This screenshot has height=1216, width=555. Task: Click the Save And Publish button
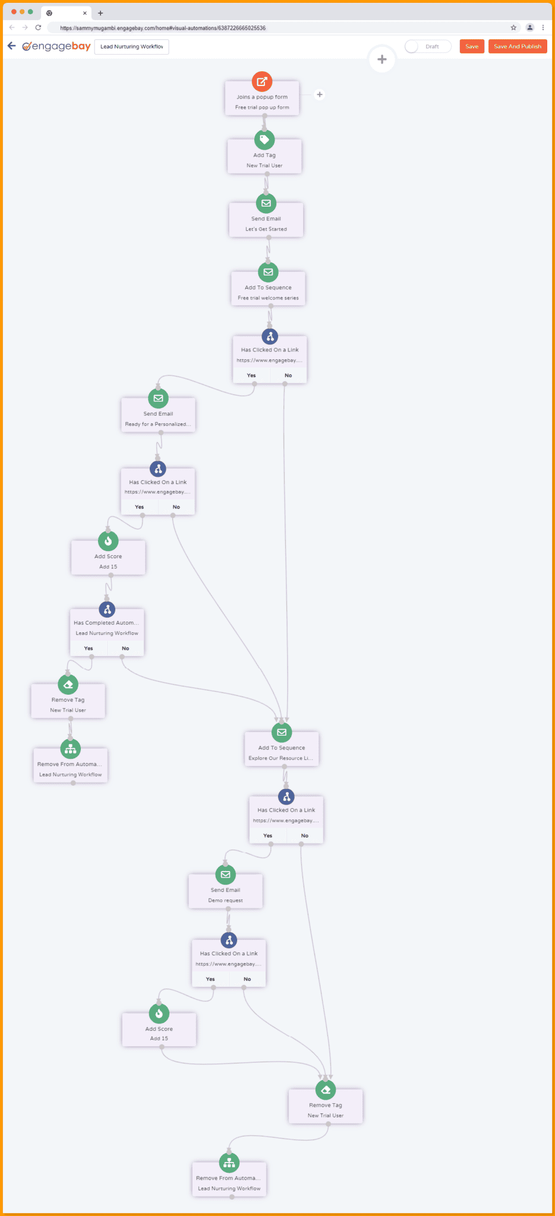(x=517, y=46)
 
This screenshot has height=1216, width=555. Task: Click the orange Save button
(x=472, y=46)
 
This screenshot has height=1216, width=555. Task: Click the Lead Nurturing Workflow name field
(x=131, y=47)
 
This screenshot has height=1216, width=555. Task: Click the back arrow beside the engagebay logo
(x=11, y=46)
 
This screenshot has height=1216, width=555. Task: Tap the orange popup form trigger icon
(x=262, y=82)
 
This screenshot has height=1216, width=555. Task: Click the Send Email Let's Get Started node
(x=266, y=223)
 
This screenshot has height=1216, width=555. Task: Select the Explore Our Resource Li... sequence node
(x=281, y=752)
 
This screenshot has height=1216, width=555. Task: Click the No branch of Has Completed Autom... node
(x=125, y=648)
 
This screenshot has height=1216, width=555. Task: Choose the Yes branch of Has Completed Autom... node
(x=89, y=648)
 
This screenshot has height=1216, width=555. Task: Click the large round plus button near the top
(x=382, y=59)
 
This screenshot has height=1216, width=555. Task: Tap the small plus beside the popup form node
(x=320, y=94)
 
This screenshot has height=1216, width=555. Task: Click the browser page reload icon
(x=38, y=27)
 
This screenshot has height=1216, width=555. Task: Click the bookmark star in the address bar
(x=513, y=27)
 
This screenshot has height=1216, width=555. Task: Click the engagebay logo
(x=57, y=46)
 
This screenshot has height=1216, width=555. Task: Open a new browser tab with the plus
(x=100, y=13)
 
